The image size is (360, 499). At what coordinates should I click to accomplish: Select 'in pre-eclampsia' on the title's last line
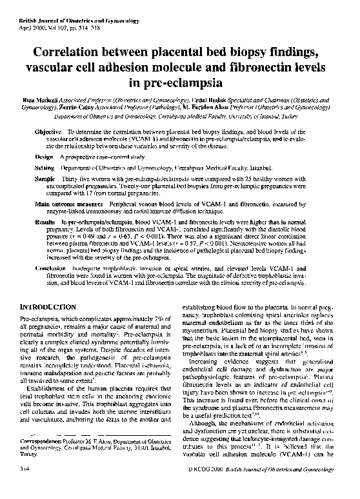pyautogui.click(x=180, y=83)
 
